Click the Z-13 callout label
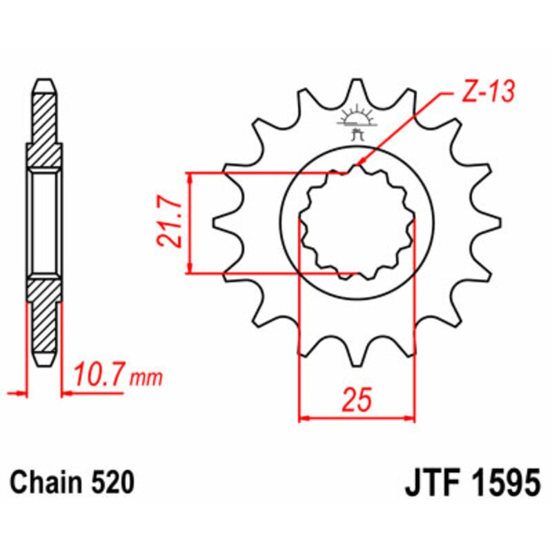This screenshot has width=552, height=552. click(486, 93)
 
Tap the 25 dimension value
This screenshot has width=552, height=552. click(357, 400)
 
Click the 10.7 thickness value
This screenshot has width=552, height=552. click(100, 377)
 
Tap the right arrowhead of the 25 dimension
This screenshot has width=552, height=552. click(411, 417)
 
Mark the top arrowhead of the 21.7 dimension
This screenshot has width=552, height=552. click(190, 177)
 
